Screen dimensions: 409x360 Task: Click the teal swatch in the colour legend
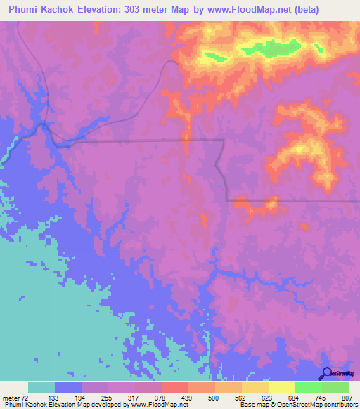(x=41, y=387)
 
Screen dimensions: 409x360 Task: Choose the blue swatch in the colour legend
(x=68, y=387)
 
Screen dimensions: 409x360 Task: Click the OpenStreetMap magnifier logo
(x=326, y=373)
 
